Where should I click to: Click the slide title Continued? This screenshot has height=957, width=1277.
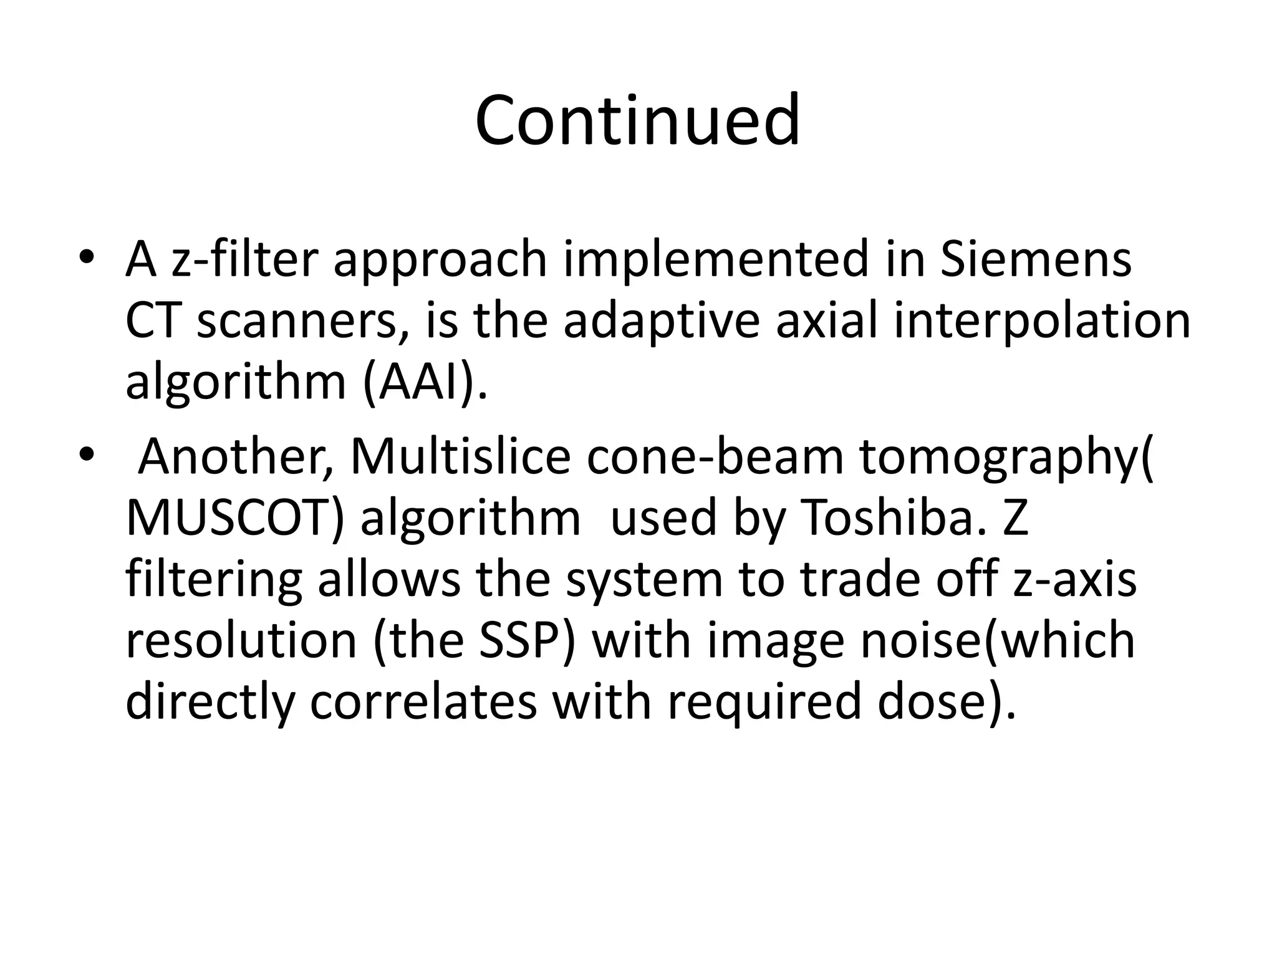(637, 120)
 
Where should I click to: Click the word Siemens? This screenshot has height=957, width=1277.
(1035, 259)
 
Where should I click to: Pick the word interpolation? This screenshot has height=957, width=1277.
(1041, 320)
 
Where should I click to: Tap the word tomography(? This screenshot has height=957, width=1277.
(1006, 456)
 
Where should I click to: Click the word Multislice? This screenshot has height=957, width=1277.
(460, 456)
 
